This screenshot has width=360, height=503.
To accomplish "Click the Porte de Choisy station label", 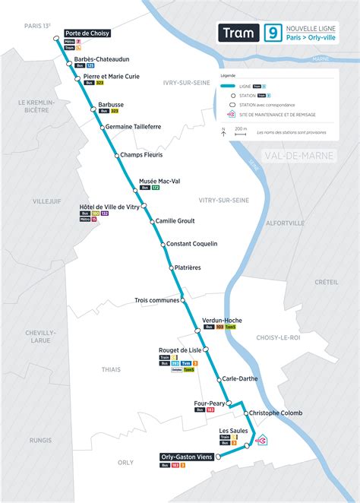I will tap(87, 34).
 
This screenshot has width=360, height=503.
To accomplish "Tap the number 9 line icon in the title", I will tap(270, 33).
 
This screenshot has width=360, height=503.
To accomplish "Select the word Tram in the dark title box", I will tap(237, 33).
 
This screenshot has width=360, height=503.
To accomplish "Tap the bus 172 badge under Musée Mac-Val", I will tap(155, 188).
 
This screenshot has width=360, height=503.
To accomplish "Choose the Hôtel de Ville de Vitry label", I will tap(109, 207).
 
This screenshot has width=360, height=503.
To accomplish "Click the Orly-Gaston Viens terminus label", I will tap(187, 457).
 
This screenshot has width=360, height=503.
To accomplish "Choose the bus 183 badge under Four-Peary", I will tap(210, 410).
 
